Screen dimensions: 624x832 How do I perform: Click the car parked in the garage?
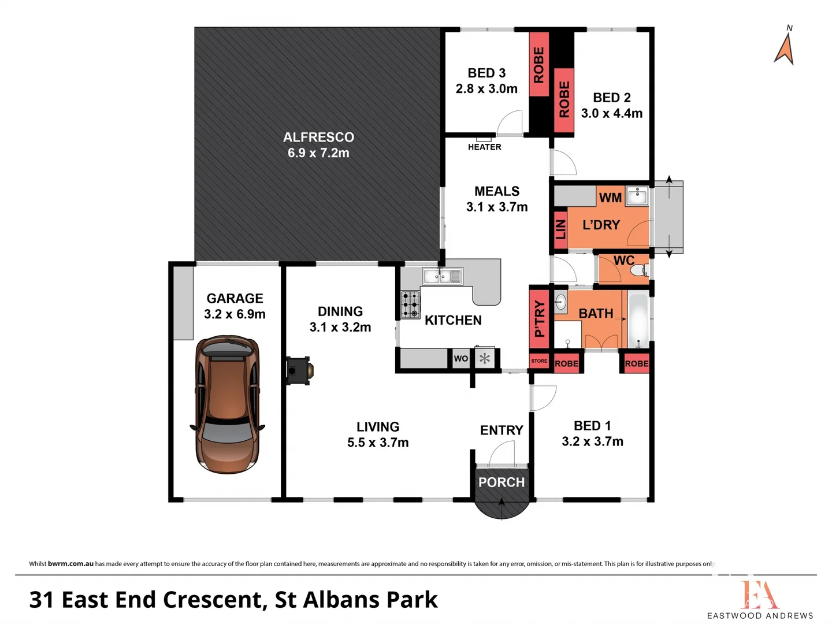tap(228, 404)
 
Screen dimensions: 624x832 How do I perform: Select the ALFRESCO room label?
tap(318, 138)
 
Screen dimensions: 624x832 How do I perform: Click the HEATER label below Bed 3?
tap(484, 147)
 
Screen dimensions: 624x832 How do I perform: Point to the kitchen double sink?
tap(442, 277)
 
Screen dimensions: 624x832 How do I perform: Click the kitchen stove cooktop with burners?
tap(411, 304)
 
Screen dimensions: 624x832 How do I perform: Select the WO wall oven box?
tap(460, 359)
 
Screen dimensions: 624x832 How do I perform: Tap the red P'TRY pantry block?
tap(539, 318)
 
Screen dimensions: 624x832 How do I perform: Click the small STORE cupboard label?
tap(539, 361)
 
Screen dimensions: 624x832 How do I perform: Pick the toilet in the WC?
tap(638, 270)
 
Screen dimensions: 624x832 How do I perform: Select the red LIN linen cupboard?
tap(560, 229)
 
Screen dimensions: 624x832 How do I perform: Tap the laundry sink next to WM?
tap(637, 196)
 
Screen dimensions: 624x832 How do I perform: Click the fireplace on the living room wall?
tap(299, 370)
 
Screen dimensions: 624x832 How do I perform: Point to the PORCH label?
tap(502, 482)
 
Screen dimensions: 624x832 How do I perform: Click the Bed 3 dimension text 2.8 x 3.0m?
tap(486, 89)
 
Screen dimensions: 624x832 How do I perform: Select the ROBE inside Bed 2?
tap(564, 100)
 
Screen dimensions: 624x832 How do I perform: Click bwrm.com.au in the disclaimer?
tap(70, 564)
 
